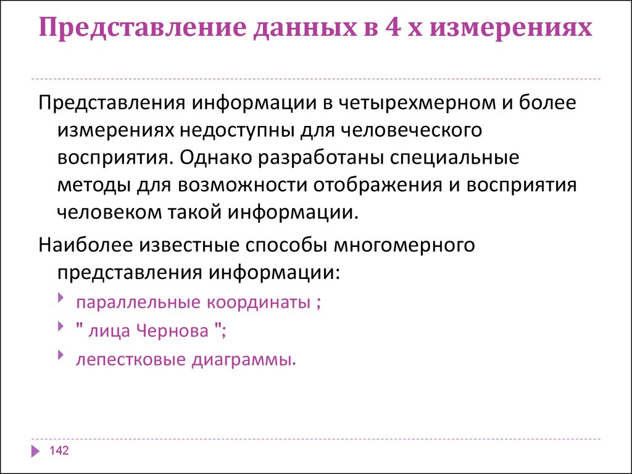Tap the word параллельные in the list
click(x=138, y=302)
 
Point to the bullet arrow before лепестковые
click(x=61, y=355)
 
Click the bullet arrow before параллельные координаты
click(x=61, y=299)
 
